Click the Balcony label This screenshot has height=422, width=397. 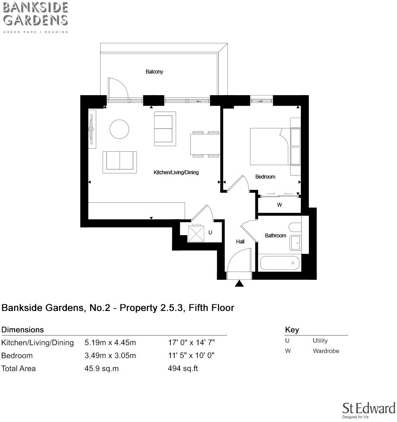pos(154,72)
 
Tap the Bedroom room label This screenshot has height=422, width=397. pos(265,177)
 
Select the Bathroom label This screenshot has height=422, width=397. pos(275,236)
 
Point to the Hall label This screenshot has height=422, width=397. pos(240,242)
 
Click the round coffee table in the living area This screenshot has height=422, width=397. pos(120,129)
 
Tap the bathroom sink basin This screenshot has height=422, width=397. pos(296,243)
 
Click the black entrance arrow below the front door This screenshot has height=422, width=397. pos(239,284)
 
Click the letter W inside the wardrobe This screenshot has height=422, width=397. pos(279,205)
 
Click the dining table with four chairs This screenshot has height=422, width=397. pos(205,144)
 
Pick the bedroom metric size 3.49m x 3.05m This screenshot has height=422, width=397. pos(110,356)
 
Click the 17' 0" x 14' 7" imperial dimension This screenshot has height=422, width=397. pos(191,343)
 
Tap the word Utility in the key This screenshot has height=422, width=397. pos(320,341)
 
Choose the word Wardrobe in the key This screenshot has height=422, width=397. pos(326,351)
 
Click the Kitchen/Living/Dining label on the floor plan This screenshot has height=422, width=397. pos(176,173)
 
